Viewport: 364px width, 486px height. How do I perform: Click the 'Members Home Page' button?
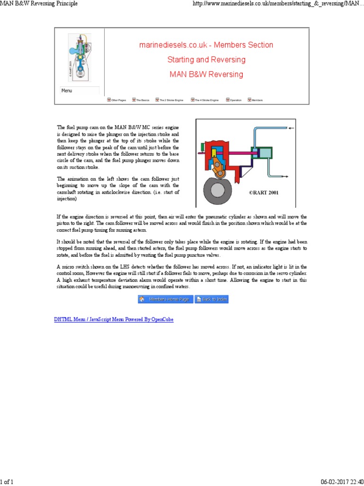coord(165,299)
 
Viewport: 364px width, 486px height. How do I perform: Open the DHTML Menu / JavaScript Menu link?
coord(114,319)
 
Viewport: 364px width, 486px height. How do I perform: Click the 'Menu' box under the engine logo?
coord(80,90)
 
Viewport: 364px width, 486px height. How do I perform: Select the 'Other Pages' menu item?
coord(117,100)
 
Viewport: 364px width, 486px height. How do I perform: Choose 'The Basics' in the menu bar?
coord(141,100)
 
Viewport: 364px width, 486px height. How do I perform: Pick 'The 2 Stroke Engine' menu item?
coord(169,100)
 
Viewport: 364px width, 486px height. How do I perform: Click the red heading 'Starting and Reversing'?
coord(206,60)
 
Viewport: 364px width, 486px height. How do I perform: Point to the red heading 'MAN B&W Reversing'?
coord(206,75)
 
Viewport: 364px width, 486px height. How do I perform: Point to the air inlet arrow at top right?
coord(291,129)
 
